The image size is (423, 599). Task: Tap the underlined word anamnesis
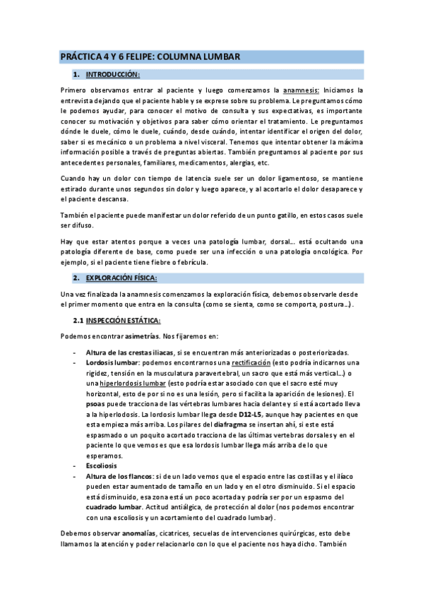click(301, 90)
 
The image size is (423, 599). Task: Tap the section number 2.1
click(78, 321)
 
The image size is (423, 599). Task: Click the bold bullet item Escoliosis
click(104, 466)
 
